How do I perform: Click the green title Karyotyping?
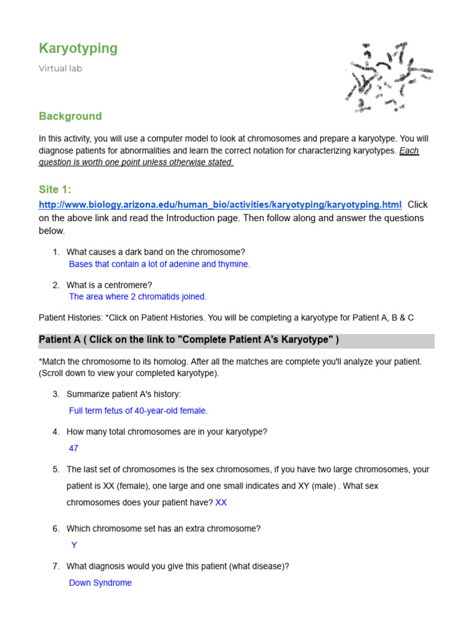click(78, 49)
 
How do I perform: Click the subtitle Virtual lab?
click(60, 68)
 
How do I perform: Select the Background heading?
click(70, 116)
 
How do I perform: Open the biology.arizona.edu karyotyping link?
click(220, 205)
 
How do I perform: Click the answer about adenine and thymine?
click(160, 264)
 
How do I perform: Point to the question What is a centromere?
click(109, 285)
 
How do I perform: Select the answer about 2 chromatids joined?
click(138, 296)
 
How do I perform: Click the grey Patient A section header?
click(236, 341)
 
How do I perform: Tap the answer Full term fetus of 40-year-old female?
click(139, 410)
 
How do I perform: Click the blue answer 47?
click(74, 449)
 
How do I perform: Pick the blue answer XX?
click(221, 502)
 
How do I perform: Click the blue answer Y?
click(75, 545)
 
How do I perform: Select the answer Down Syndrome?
click(100, 583)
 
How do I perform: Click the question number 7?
click(55, 566)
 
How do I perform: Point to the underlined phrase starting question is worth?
click(136, 162)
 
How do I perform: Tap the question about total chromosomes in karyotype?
click(167, 432)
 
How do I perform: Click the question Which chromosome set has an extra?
click(163, 529)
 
